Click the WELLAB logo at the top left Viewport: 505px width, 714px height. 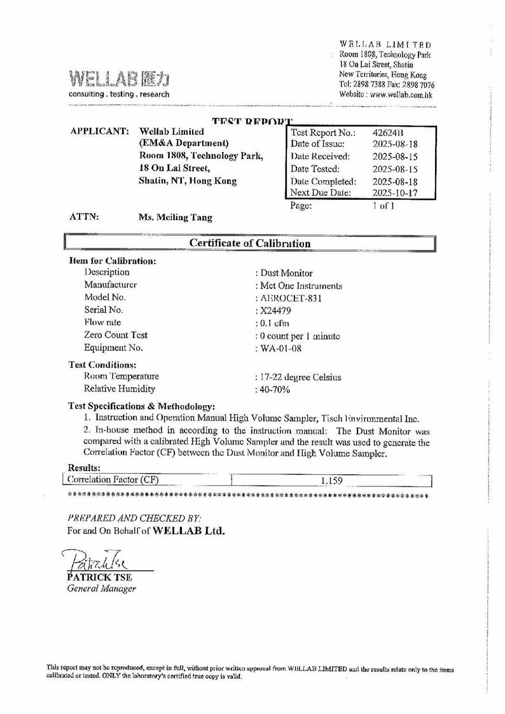[119, 79]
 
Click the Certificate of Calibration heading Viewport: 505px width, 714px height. [250, 244]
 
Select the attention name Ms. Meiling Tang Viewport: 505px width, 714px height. [176, 217]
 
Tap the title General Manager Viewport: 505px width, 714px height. [102, 589]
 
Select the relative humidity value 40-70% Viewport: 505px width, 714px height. [273, 390]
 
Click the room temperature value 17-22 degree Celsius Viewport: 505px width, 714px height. [298, 377]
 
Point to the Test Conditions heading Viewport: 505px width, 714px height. [102, 365]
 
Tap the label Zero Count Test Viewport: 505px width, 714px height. [116, 335]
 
